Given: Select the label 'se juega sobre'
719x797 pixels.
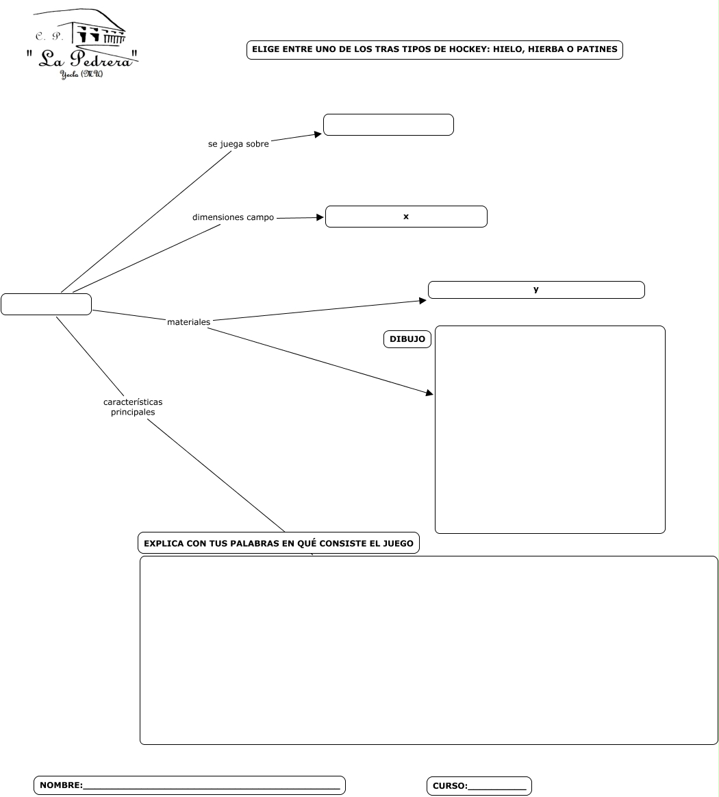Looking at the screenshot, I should [x=238, y=144].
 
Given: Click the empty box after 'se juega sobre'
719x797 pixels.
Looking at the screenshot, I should [x=388, y=125].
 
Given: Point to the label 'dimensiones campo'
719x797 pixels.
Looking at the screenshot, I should [x=233, y=217].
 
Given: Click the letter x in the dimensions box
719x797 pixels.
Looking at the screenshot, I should [x=406, y=217].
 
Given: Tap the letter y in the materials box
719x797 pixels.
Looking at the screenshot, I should [x=536, y=290].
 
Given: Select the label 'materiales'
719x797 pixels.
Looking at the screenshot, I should [x=188, y=321].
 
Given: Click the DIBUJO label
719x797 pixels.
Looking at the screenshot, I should [x=407, y=339].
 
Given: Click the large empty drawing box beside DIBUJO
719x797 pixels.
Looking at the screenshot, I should [x=550, y=430].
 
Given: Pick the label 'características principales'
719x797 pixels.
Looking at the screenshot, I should [x=133, y=407].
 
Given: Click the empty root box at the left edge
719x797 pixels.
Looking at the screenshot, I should [x=46, y=304].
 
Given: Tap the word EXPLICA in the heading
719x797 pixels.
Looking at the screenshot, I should [x=163, y=543].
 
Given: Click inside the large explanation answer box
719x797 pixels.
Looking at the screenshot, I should [x=429, y=650].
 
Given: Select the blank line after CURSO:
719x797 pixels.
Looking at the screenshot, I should [x=496, y=786].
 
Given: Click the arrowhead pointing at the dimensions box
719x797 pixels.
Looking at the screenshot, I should [x=319, y=217].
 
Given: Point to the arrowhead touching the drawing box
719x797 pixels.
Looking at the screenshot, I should [x=429, y=393].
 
